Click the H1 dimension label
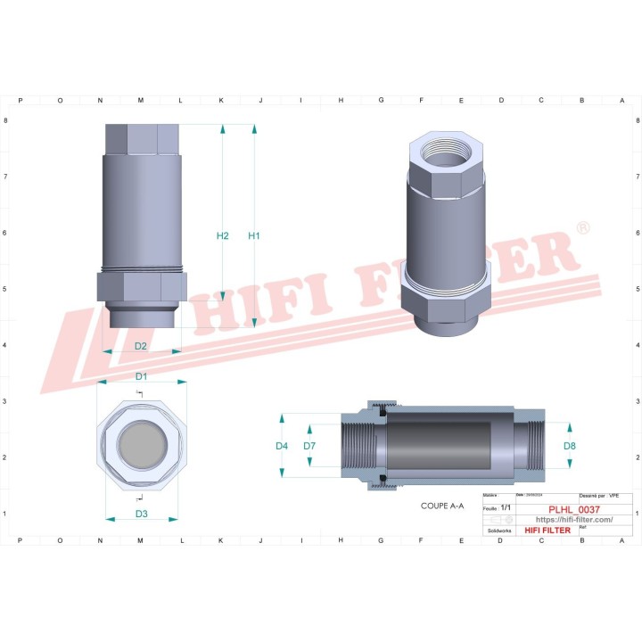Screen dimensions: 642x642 (254, 236)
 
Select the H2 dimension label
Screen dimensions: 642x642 (223, 236)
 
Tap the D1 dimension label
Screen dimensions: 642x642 (141, 375)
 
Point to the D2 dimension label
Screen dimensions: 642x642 (141, 345)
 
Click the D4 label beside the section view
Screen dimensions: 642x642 (282, 445)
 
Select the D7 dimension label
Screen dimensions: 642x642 (309, 445)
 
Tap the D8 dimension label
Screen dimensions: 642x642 (570, 445)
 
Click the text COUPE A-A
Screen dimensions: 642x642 (442, 506)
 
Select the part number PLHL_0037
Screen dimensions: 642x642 (573, 509)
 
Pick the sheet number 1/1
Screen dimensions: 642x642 (506, 507)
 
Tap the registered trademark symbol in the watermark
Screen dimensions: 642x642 (582, 229)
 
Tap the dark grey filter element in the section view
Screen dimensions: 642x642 (450, 444)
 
